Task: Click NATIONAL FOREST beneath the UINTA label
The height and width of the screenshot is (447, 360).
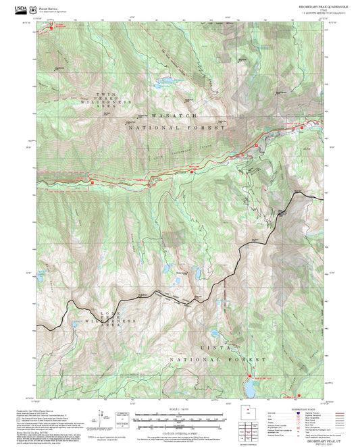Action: click(x=220, y=360)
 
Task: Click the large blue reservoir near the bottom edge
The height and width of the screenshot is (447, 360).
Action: click(x=249, y=388)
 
